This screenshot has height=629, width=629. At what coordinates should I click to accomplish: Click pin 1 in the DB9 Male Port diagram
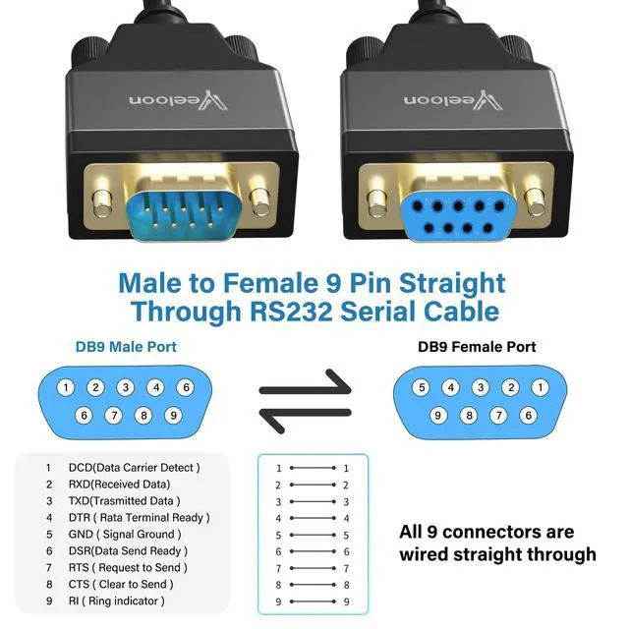[x=66, y=387]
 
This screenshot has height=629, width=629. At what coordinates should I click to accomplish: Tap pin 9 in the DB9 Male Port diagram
[x=173, y=415]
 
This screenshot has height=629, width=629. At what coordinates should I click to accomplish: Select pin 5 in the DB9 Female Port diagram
[x=421, y=387]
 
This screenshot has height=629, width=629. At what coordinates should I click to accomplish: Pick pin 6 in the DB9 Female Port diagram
[x=528, y=415]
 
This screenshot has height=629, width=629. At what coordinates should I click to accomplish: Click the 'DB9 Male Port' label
[x=126, y=347]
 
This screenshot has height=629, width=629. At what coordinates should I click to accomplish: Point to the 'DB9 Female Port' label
[x=477, y=347]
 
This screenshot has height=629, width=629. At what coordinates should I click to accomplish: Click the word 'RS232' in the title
[x=292, y=313]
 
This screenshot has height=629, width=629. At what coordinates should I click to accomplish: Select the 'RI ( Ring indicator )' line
[x=116, y=600]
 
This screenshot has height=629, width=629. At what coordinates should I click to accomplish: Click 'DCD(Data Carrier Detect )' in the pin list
[x=134, y=467]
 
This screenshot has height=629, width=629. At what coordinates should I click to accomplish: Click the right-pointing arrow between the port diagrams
[x=305, y=386]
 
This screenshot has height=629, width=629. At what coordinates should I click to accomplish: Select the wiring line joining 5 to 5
[x=312, y=535]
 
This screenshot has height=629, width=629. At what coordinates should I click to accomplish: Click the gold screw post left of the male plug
[x=101, y=200]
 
